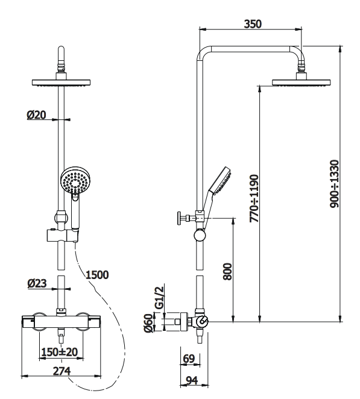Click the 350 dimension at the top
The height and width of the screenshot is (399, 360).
click(x=253, y=24)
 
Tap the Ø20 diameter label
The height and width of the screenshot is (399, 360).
click(x=36, y=115)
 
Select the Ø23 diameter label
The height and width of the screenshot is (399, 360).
click(x=37, y=283)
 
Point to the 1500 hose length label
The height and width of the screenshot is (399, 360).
click(x=97, y=275)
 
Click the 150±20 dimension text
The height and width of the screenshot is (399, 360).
click(x=60, y=352)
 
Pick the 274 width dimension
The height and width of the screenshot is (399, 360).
click(x=62, y=371)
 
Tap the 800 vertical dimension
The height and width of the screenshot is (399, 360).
click(x=227, y=271)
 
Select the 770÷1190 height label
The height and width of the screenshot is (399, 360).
click(x=254, y=198)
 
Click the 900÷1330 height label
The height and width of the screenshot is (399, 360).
click(x=334, y=184)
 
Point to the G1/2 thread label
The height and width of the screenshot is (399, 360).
click(x=159, y=298)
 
